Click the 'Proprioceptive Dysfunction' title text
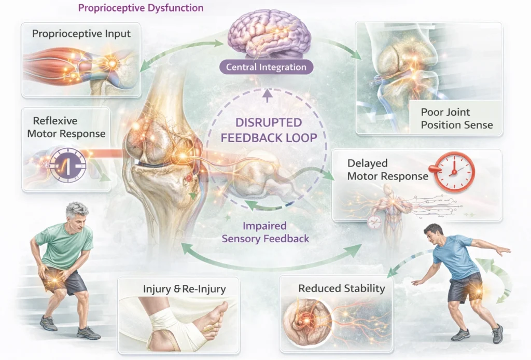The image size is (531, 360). [140, 8]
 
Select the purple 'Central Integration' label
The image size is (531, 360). [266, 67]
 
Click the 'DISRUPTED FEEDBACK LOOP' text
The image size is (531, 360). [268, 130]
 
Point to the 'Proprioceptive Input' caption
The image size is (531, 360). [81, 34]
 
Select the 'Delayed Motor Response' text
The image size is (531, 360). [388, 170]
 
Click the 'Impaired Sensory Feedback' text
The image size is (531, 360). [265, 232]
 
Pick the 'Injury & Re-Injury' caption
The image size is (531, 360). [178, 288]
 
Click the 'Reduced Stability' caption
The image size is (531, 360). [341, 288]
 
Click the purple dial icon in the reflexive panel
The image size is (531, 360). [68, 165]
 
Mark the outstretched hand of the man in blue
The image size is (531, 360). [506, 250]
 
